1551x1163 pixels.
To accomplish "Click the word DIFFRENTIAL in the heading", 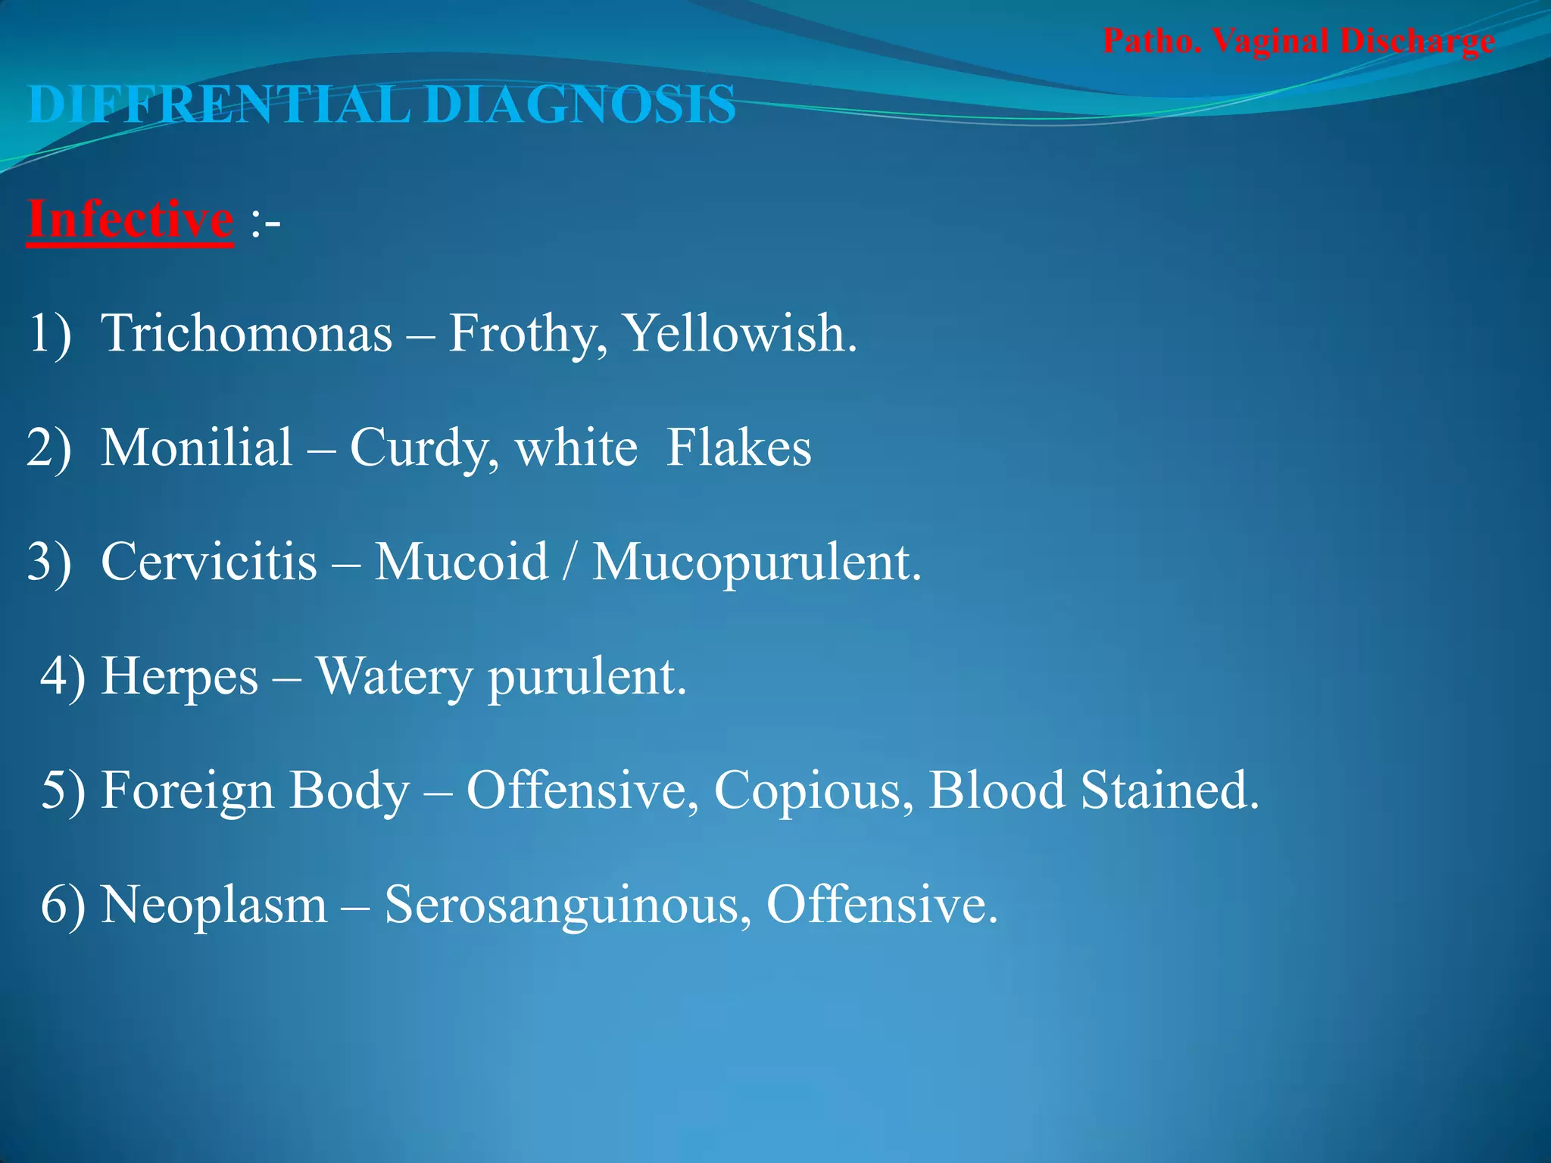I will coord(219,104).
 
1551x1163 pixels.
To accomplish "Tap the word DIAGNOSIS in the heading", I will coord(580,104).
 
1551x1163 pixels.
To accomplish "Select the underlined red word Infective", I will coord(130,220).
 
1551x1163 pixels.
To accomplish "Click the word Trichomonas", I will coord(247,333).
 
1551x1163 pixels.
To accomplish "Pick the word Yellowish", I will coord(739,333).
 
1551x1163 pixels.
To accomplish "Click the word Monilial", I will coord(197,447).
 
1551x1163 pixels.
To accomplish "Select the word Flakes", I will coord(738,447).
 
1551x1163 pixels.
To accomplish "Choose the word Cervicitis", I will coord(209,562).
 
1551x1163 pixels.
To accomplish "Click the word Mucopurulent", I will coord(757,562).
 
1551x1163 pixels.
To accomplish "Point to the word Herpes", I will coord(179,676).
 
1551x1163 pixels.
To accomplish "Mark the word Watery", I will coord(393,676).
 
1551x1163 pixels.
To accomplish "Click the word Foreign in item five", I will coord(187,790).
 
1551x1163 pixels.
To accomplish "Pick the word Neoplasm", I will coord(214,905).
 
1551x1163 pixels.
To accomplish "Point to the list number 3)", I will coord(49,562).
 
